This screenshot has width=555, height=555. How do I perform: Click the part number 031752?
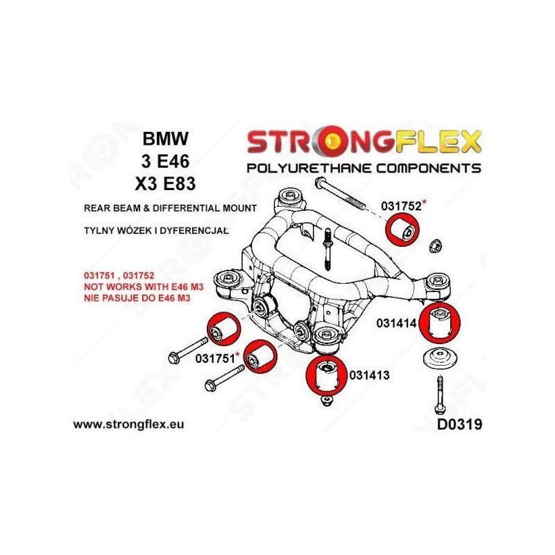pyautogui.click(x=401, y=205)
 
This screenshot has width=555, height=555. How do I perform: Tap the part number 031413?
pyautogui.click(x=370, y=375)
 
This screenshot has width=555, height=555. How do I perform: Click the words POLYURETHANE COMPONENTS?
pyautogui.click(x=364, y=168)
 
